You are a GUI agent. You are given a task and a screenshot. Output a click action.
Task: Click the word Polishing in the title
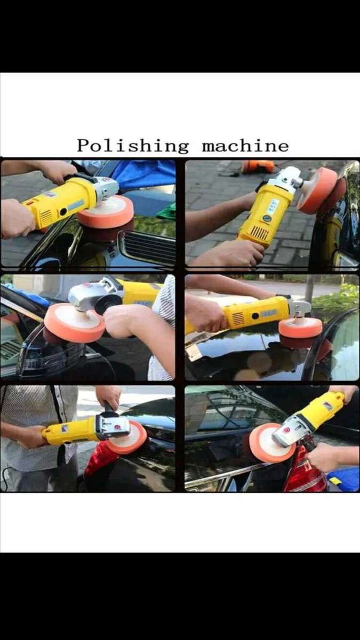[x=133, y=146]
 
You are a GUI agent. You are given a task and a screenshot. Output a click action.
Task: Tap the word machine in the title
[x=245, y=146]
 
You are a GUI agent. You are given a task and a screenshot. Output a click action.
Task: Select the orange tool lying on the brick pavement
[x=258, y=166]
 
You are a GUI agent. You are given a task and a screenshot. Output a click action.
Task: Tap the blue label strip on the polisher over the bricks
[x=273, y=206]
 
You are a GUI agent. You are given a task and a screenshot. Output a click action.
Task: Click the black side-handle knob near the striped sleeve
[x=108, y=305]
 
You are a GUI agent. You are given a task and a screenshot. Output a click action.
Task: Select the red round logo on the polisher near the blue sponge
[x=287, y=430]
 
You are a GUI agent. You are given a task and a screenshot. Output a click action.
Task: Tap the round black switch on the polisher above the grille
[x=63, y=212]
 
